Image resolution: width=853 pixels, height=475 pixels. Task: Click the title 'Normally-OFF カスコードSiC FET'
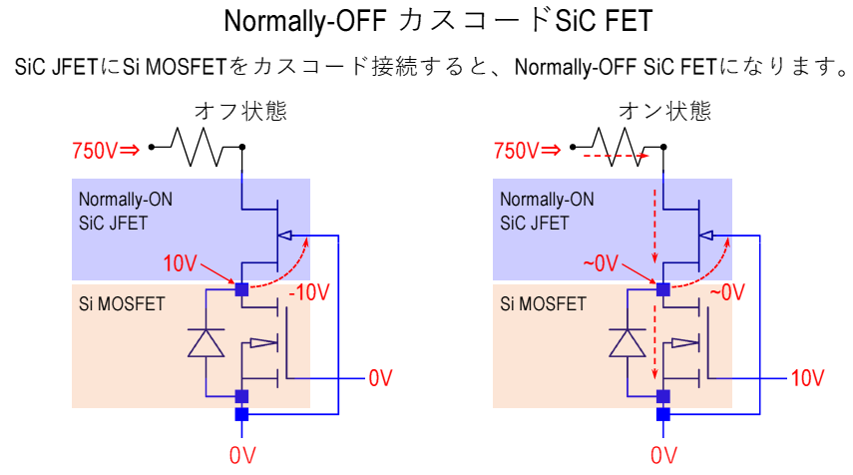[426, 21]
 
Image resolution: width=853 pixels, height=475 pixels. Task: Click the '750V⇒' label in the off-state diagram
[104, 152]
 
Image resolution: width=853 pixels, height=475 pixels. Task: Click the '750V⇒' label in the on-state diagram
[527, 152]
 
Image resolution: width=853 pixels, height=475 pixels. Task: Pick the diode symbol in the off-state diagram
[206, 342]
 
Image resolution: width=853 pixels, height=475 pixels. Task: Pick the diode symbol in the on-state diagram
[628, 342]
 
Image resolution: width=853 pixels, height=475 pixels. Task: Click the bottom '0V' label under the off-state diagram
[242, 455]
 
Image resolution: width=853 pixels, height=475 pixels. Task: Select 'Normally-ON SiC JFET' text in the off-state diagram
[126, 211]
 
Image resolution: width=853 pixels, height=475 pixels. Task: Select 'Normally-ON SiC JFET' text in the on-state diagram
[548, 211]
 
